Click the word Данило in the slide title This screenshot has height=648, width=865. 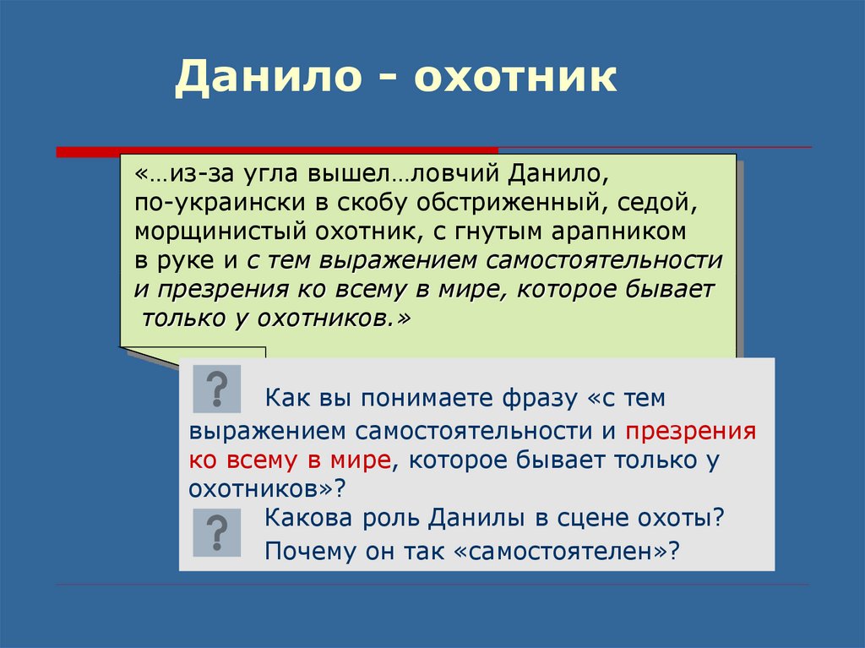(x=268, y=77)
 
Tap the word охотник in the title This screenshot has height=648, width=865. (x=515, y=76)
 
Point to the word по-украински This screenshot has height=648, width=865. (x=220, y=203)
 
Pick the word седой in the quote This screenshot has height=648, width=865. (x=657, y=203)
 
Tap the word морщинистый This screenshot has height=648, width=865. (x=220, y=231)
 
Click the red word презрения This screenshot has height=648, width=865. (x=691, y=432)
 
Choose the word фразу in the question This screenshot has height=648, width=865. (x=540, y=399)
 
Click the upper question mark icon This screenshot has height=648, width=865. (x=217, y=389)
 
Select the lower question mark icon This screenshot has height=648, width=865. (x=217, y=532)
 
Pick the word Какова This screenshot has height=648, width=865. (x=308, y=518)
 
